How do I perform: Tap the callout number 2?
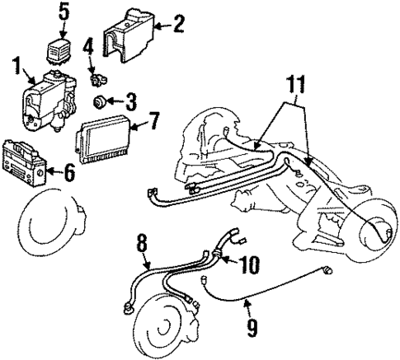click(176, 25)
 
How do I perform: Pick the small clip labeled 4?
click(97, 81)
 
